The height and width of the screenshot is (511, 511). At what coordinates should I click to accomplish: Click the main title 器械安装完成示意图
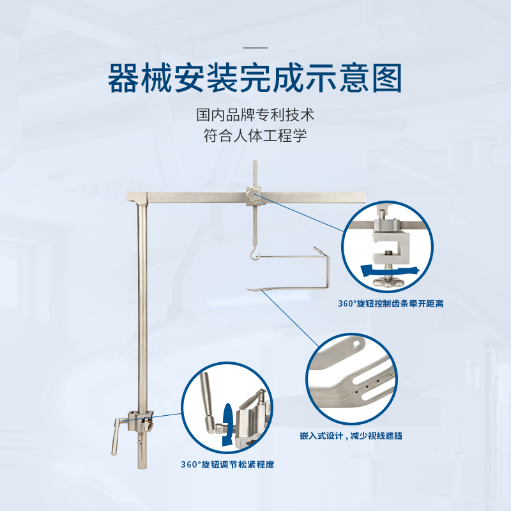[255, 78]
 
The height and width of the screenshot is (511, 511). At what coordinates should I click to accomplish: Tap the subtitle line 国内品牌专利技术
[255, 115]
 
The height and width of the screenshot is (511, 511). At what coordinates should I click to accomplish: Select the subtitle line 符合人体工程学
[255, 135]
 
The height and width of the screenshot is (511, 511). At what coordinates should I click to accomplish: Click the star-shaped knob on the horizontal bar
[253, 194]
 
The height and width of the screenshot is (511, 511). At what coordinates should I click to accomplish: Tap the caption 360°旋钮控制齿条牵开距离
[390, 304]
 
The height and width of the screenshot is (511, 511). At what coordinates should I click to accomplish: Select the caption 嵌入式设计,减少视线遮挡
[351, 436]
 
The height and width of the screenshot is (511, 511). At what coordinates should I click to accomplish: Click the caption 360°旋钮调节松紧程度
[227, 464]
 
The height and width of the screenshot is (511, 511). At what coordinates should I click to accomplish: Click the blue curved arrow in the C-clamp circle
[390, 271]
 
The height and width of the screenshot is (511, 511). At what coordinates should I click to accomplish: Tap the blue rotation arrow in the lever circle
[227, 425]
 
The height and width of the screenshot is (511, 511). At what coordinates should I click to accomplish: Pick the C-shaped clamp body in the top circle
[390, 247]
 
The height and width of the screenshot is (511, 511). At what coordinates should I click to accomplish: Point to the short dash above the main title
[255, 48]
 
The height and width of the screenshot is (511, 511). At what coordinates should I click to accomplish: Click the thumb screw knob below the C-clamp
[388, 281]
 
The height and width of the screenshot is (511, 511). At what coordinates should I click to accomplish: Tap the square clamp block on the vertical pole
[141, 420]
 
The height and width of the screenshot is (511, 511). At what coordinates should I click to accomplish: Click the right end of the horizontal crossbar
[365, 197]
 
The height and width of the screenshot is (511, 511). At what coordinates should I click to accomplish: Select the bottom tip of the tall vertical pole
[142, 468]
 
